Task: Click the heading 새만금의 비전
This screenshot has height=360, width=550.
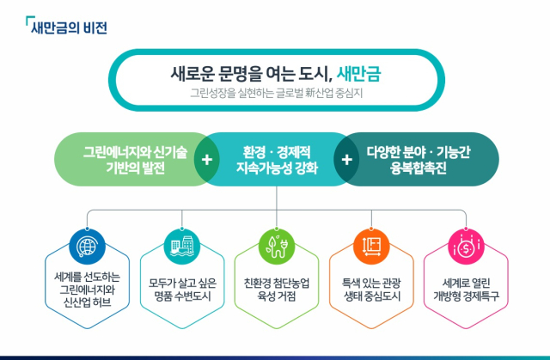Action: point(69,27)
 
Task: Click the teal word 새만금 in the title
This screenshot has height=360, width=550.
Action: point(359,74)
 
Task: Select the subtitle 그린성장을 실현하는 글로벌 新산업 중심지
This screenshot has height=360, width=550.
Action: point(277,94)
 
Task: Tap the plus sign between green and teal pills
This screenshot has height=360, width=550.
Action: point(207,160)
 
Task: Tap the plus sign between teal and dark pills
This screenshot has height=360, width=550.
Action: point(346,160)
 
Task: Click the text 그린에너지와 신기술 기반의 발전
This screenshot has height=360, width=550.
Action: point(136,160)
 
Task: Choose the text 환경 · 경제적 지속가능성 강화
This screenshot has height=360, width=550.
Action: point(277,160)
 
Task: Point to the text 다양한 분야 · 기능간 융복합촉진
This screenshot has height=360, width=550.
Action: point(419,160)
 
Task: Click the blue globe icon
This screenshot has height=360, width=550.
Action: point(87,247)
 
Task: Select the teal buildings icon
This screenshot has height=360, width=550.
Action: point(181,247)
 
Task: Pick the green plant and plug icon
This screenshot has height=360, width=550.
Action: point(277,247)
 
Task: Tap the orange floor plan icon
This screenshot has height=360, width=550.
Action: point(371,247)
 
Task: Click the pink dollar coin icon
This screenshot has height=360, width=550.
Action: point(466,247)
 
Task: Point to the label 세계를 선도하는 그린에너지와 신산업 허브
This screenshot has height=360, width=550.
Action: point(87,290)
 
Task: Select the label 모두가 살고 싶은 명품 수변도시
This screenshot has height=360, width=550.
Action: point(182,290)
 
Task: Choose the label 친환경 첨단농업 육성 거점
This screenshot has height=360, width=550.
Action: point(277,290)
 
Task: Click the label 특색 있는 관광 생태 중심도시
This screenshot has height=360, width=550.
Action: point(371,290)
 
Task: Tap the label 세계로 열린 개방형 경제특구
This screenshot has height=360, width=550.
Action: point(466,290)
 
